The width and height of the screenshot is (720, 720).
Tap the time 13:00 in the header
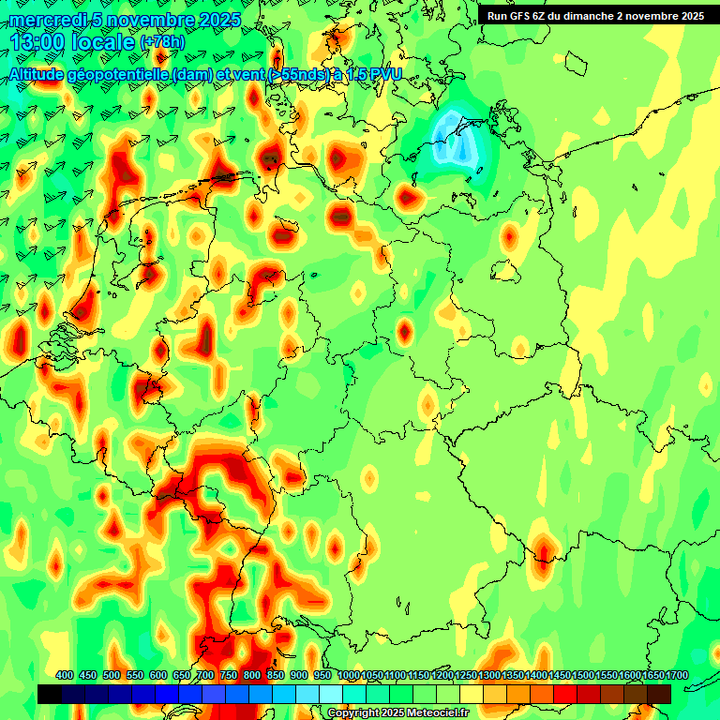37,42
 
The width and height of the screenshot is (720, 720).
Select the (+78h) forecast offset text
162,42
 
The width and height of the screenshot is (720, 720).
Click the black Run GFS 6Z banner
594,15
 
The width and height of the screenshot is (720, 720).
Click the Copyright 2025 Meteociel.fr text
397,713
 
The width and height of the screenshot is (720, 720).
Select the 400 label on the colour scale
65,676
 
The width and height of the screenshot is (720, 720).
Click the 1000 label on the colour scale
348,676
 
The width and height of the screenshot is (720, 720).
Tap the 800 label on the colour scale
252,676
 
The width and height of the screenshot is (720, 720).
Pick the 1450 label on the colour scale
559,676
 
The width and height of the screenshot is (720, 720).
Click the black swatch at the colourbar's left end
50,694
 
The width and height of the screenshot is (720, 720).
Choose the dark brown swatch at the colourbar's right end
659,694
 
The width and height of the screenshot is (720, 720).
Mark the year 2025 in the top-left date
212,20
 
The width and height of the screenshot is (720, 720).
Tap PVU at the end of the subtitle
386,74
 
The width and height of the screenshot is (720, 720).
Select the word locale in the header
102,42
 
